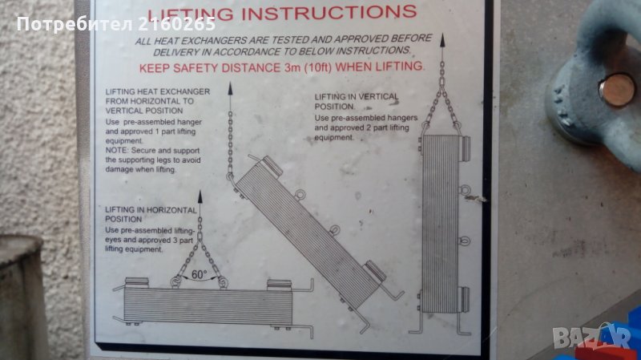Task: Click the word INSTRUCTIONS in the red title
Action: click(x=329, y=13)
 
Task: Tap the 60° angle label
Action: click(x=199, y=274)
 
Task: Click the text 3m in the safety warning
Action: click(x=292, y=67)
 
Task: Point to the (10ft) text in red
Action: click(x=317, y=67)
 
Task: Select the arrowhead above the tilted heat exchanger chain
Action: click(x=230, y=88)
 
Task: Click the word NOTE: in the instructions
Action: click(x=116, y=151)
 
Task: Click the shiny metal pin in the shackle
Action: click(x=616, y=90)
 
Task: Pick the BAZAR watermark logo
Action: click(x=592, y=338)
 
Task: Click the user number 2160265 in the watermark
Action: click(x=176, y=24)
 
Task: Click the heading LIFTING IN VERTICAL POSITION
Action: click(x=356, y=102)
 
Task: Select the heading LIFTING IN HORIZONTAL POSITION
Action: click(x=151, y=214)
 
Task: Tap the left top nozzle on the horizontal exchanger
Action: click(x=136, y=283)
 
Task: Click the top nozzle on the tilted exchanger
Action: click(x=272, y=165)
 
